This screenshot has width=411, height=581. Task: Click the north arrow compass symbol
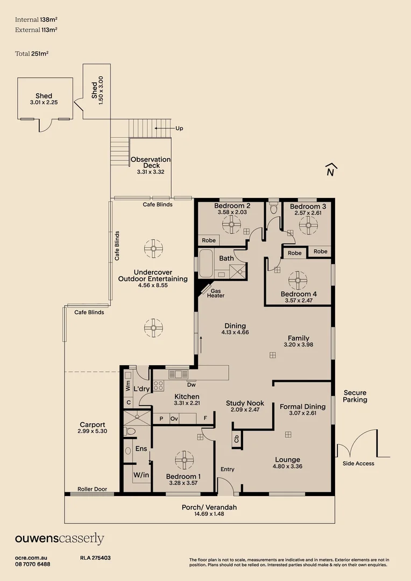click(331, 169)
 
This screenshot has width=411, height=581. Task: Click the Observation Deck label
click(151, 162)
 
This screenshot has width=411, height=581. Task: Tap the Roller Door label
click(92, 490)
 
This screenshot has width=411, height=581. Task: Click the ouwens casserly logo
click(59, 539)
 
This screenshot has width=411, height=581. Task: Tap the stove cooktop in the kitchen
click(159, 385)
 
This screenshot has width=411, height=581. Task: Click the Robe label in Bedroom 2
click(208, 240)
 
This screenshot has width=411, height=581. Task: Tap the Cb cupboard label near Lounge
click(236, 439)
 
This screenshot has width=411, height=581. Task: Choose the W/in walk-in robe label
click(141, 475)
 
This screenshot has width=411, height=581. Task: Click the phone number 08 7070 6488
click(32, 564)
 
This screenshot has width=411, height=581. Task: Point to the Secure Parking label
click(355, 396)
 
